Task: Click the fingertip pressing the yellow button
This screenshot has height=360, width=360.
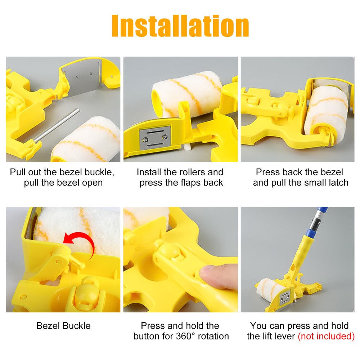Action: tap(212, 275)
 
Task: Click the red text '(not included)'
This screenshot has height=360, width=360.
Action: tap(326, 336)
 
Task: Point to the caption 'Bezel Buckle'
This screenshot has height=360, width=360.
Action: tap(63, 326)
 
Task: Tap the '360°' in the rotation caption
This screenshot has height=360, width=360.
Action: tap(192, 336)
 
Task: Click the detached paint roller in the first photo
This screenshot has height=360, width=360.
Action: tap(86, 139)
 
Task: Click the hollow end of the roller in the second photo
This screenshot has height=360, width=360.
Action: tap(157, 97)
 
